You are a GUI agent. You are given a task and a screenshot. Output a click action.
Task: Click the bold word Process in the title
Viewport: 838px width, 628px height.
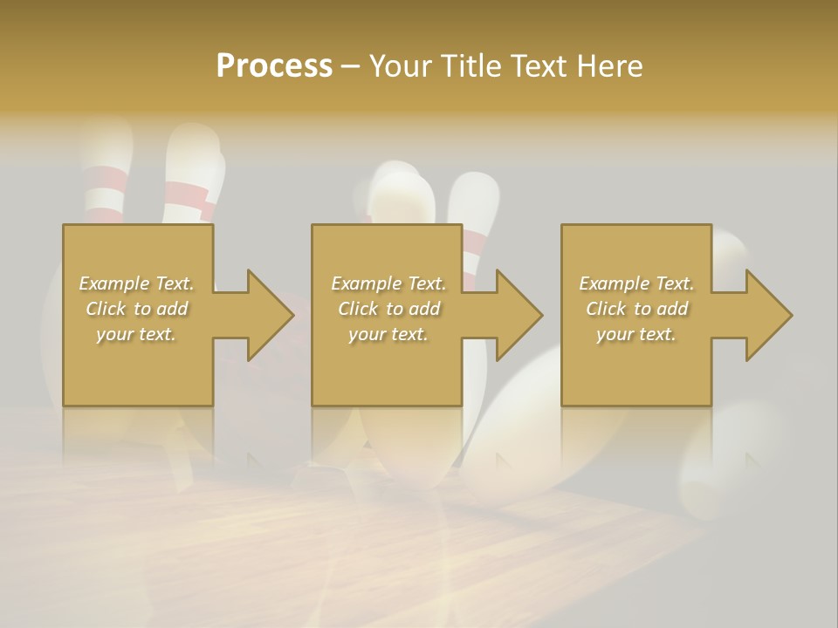274,66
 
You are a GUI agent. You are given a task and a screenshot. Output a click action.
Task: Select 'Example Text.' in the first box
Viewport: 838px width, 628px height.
136,283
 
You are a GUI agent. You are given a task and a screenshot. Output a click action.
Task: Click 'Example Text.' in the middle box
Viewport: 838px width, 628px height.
388,283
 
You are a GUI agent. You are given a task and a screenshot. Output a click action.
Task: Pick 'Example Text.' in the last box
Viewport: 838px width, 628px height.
636,283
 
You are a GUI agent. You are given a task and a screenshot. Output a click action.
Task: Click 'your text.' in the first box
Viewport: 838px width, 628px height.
136,334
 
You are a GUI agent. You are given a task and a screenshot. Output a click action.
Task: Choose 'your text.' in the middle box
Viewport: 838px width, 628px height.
388,334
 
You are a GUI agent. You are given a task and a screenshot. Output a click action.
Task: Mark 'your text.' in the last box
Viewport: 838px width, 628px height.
636,334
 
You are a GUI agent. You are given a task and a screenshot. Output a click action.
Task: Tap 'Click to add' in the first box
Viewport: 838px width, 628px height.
136,309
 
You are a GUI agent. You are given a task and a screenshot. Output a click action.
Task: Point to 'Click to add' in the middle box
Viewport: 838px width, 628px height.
388,309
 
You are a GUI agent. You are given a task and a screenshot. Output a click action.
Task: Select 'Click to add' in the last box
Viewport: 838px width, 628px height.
636,309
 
